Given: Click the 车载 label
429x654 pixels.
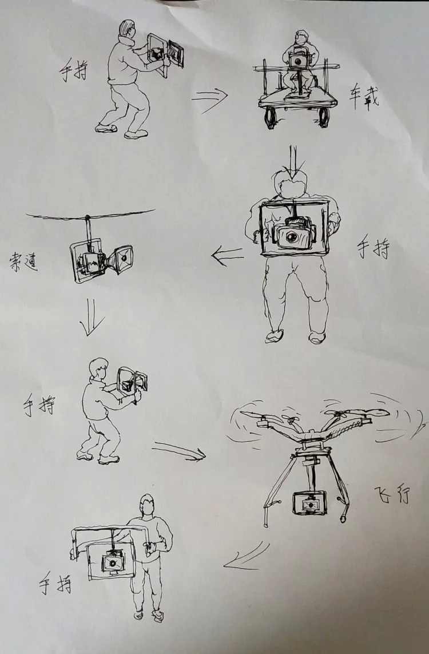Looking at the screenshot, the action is tap(364, 100).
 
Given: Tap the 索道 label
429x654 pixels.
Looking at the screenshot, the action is tap(24, 263).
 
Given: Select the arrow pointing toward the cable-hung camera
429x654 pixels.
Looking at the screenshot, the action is tap(228, 255).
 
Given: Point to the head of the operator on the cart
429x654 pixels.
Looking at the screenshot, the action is tap(301, 38).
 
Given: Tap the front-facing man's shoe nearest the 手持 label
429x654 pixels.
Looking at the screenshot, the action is tap(317, 337).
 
